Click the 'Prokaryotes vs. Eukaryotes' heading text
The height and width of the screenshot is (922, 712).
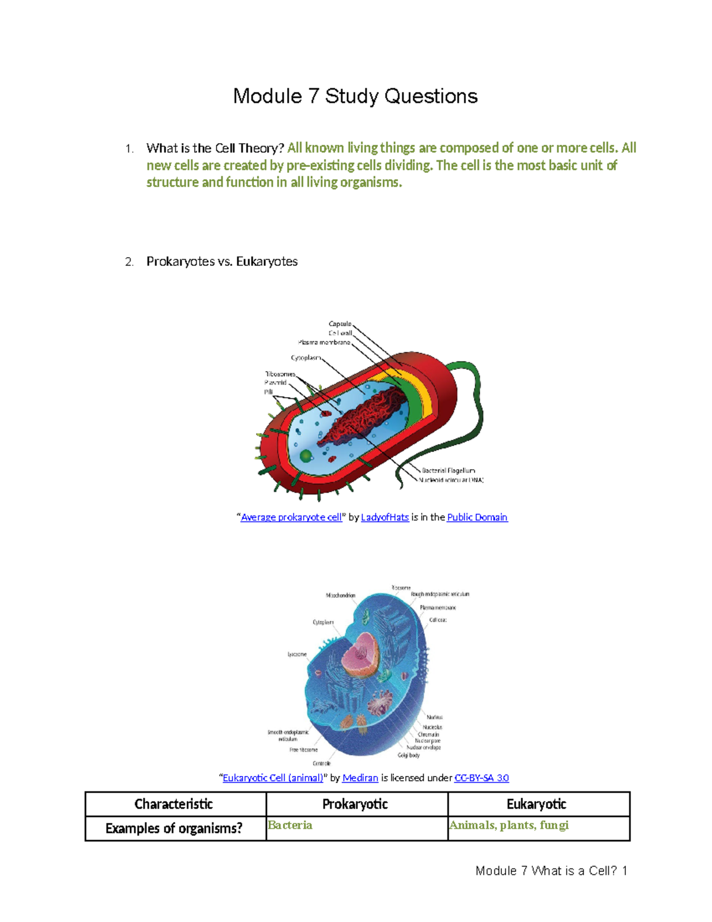pyautogui.click(x=222, y=262)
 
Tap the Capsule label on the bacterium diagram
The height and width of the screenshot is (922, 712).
pyautogui.click(x=340, y=324)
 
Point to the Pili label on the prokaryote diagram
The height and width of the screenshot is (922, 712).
pyautogui.click(x=268, y=392)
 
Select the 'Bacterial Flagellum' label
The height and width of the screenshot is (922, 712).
pyautogui.click(x=448, y=471)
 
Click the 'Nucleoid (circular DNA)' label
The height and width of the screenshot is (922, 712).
pyautogui.click(x=451, y=480)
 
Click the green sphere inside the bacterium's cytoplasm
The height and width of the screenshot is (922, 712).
pyautogui.click(x=306, y=456)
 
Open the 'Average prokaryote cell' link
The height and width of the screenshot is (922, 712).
pyautogui.click(x=291, y=517)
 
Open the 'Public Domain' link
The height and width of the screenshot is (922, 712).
pyautogui.click(x=477, y=517)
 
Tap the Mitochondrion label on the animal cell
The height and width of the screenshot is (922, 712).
pyautogui.click(x=341, y=595)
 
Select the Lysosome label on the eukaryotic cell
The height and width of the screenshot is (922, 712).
pyautogui.click(x=297, y=654)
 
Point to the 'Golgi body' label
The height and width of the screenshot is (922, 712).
pyautogui.click(x=409, y=755)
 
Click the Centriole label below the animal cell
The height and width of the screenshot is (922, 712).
pyautogui.click(x=322, y=763)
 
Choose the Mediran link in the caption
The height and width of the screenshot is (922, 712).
pyautogui.click(x=360, y=778)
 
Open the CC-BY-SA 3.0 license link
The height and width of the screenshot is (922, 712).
pyautogui.click(x=481, y=778)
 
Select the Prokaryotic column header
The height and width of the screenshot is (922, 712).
pyautogui.click(x=355, y=804)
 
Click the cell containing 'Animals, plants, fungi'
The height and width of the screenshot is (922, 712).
pyautogui.click(x=538, y=828)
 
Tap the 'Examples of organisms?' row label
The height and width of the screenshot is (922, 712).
pyautogui.click(x=174, y=828)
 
